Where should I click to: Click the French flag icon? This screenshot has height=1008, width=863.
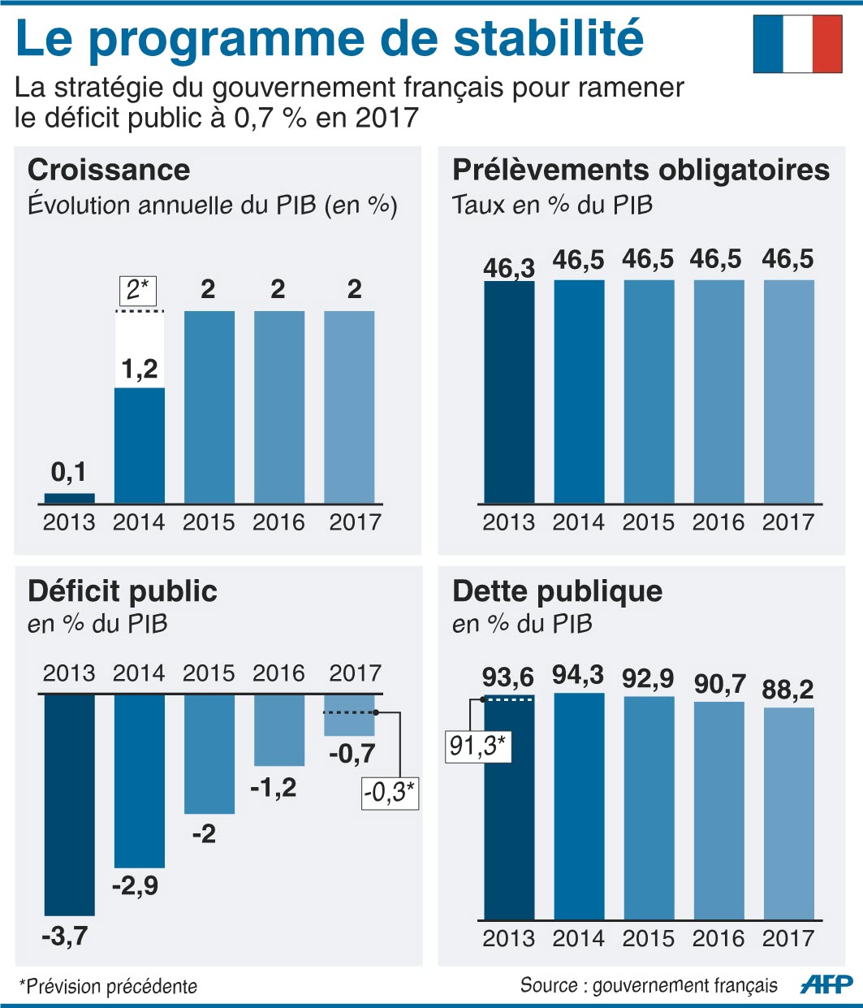pos(797,44)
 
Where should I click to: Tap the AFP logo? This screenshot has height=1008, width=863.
pos(826,984)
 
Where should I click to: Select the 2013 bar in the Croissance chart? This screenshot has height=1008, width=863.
pos(69,498)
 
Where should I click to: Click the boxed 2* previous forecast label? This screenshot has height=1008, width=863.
pos(138,290)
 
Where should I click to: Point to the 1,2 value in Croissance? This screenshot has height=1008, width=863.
pos(140,370)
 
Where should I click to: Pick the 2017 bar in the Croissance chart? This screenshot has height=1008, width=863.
pos(349,406)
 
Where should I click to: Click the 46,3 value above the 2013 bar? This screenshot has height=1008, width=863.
pos(508,267)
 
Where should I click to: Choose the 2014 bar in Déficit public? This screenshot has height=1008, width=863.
pos(139,780)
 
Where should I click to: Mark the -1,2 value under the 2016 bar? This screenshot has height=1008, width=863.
pos(274,787)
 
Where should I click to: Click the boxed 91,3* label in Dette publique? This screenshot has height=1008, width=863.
pos(479,746)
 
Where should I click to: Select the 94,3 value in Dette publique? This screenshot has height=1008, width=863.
pos(578,675)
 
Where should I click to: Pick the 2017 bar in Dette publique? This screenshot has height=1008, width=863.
pos(788,812)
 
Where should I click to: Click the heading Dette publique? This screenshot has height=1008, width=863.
pos(557,591)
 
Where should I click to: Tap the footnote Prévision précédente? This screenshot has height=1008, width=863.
pos(110,986)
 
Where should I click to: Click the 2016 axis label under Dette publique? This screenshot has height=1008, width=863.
pos(718,938)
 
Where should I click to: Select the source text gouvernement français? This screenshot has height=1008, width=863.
pos(684,985)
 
